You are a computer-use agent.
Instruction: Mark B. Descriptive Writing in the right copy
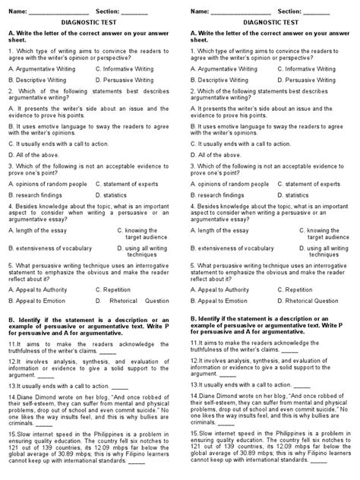pos(226,79)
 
